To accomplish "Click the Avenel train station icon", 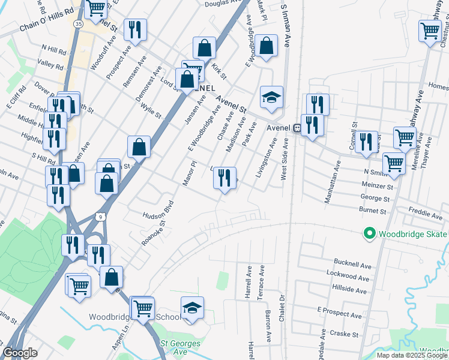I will click(297, 128).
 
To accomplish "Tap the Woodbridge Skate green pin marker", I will click(369, 233).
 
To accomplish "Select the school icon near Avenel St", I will click(271, 97).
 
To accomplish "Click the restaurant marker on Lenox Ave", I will click(224, 178).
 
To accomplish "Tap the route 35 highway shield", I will click(79, 23).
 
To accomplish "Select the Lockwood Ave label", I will click(348, 277).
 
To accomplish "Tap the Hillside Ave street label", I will click(349, 290).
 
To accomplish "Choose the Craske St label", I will click(346, 334).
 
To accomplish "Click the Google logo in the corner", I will click(20, 353).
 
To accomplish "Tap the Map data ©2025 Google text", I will click(412, 355).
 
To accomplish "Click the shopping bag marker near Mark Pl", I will click(265, 44).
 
